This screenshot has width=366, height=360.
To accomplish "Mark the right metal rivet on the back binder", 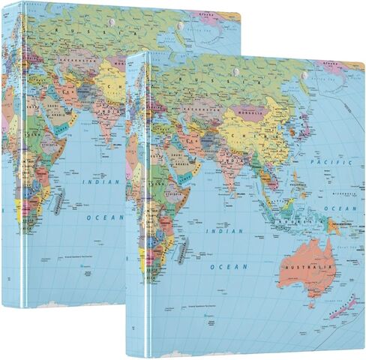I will click(181, 29).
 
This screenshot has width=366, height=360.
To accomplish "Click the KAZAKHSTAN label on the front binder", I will click(201, 111).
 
